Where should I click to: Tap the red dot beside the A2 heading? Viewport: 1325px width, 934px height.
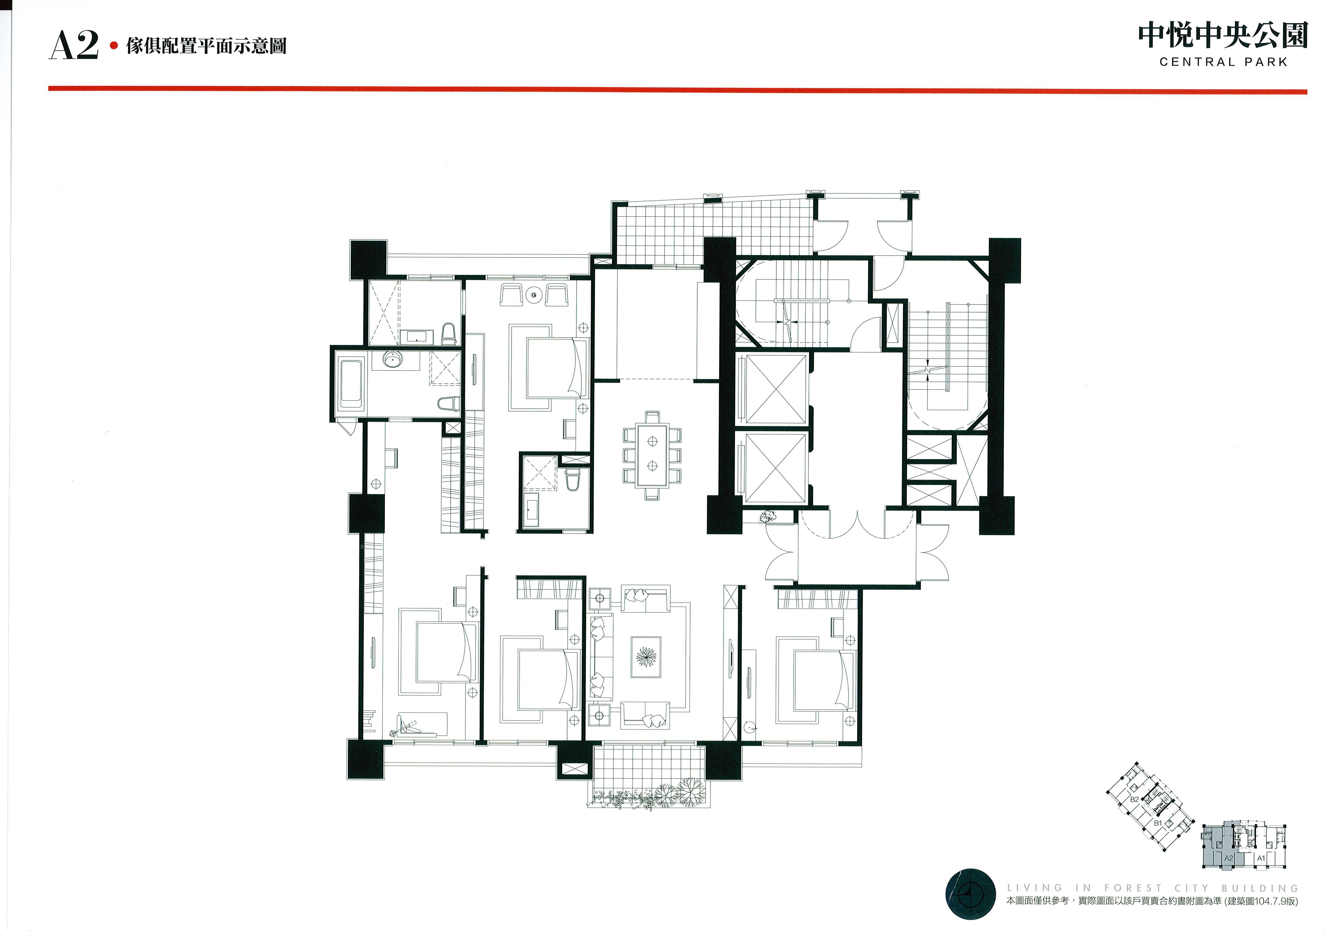(114, 45)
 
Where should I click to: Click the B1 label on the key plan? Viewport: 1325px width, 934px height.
(1157, 823)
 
